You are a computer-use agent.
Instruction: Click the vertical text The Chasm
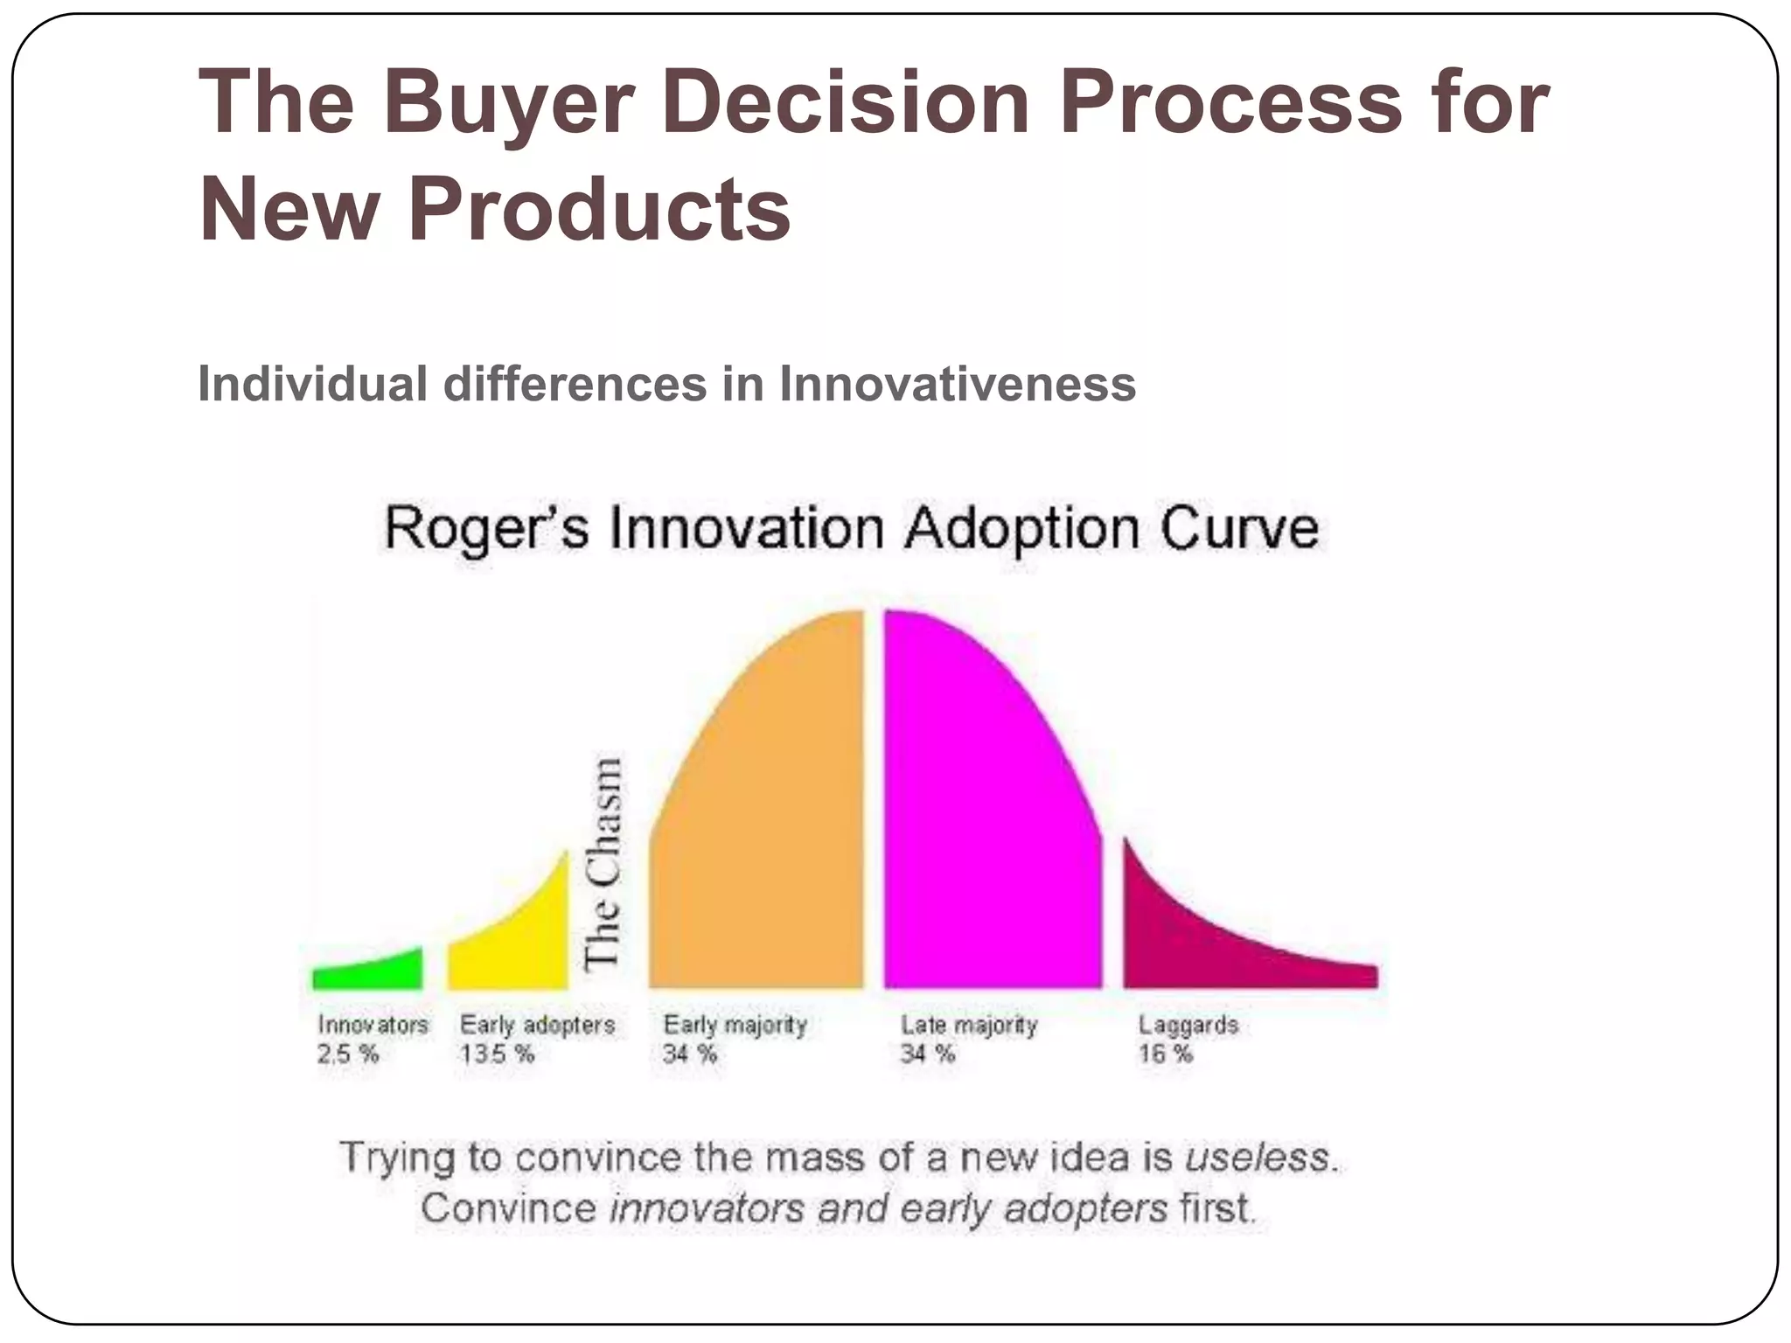(603, 864)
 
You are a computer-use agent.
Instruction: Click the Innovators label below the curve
(373, 1025)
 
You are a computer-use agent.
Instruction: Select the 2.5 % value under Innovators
(348, 1054)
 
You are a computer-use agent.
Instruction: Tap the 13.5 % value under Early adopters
(497, 1054)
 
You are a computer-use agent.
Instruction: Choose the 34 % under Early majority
(690, 1054)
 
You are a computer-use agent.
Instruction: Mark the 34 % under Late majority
(928, 1054)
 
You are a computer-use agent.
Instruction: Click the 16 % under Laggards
(1165, 1054)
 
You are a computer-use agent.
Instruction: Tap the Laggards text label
(1188, 1025)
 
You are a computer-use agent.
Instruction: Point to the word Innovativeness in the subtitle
(958, 384)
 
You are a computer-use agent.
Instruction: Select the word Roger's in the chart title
(486, 529)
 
